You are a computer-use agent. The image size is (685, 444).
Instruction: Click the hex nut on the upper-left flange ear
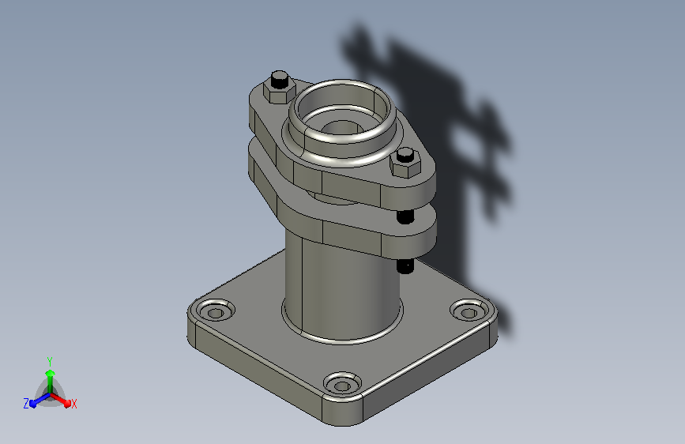(x=279, y=92)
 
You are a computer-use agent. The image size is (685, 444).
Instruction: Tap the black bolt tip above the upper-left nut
(x=280, y=79)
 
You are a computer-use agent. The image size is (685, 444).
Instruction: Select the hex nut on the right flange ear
(x=405, y=165)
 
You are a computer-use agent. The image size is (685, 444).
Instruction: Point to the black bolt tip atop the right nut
(x=405, y=155)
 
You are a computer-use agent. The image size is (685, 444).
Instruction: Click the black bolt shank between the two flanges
(x=405, y=216)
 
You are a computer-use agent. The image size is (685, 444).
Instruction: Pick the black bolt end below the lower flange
(x=405, y=266)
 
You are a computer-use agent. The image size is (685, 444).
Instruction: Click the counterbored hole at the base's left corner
(x=215, y=310)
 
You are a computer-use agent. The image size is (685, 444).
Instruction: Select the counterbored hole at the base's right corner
(x=469, y=310)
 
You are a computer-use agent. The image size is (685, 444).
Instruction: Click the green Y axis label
(x=50, y=362)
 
